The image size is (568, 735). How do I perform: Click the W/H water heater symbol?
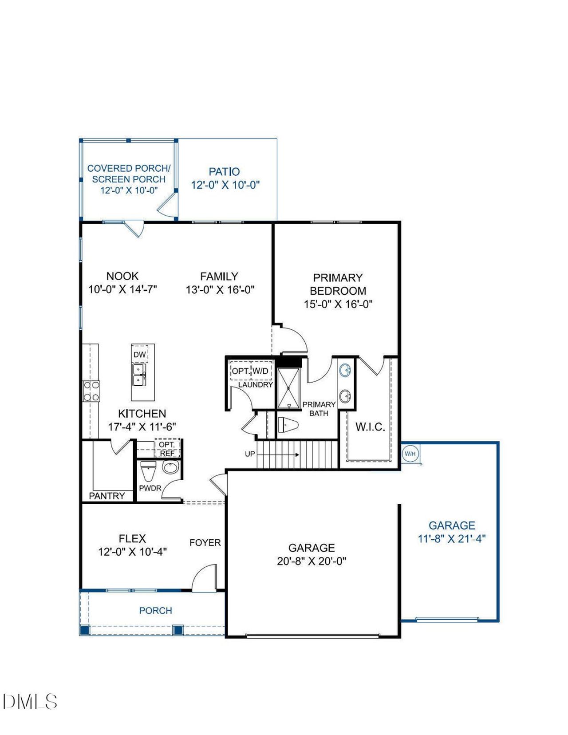click(x=410, y=454)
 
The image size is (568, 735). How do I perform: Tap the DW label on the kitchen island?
click(x=139, y=355)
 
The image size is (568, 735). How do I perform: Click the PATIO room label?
click(x=225, y=172)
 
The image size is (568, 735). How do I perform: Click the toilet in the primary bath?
click(x=289, y=425)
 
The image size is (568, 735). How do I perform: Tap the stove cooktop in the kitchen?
click(x=91, y=391)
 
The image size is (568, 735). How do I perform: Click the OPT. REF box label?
click(x=167, y=448)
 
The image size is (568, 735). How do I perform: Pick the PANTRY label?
click(x=106, y=496)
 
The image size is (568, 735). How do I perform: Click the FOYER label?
click(x=205, y=542)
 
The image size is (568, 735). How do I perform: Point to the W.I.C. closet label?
click(x=370, y=427)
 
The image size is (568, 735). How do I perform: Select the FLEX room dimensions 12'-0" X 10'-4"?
click(x=132, y=552)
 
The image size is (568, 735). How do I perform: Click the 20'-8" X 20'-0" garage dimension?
click(x=312, y=561)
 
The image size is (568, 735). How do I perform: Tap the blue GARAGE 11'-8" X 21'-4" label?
click(x=452, y=532)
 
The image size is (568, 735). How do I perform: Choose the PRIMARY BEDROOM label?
click(x=338, y=284)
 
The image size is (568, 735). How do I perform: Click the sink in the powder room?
click(x=170, y=467)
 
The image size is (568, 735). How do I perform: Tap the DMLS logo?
click(x=30, y=702)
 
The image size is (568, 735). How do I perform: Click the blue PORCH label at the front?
click(x=155, y=610)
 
